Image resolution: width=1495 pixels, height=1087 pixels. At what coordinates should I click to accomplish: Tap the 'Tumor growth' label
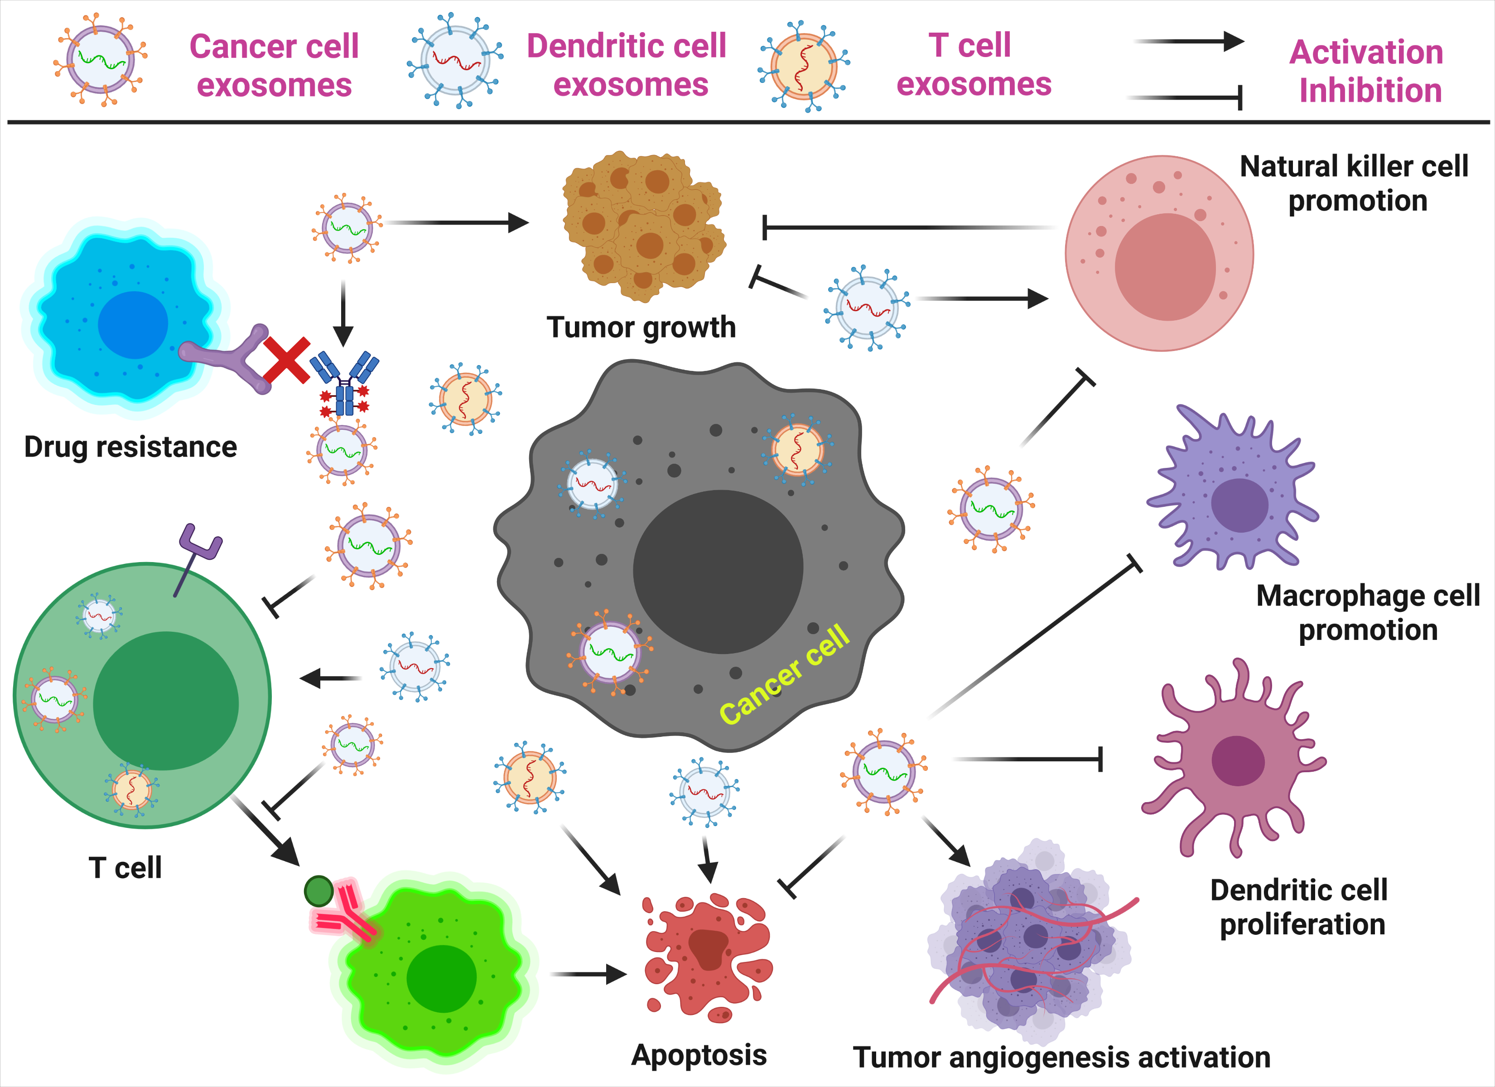pyautogui.click(x=641, y=327)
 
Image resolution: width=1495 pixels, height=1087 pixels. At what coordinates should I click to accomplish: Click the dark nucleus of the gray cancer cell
pyautogui.click(x=718, y=572)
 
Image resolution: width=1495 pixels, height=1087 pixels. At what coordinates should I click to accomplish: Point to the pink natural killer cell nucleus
pyautogui.click(x=1165, y=267)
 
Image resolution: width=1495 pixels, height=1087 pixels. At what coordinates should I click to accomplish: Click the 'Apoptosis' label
pyautogui.click(x=699, y=1055)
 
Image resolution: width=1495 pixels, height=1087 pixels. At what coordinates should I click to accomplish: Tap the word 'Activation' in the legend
pyautogui.click(x=1366, y=52)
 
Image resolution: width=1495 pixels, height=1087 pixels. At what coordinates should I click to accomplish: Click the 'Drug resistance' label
pyautogui.click(x=130, y=447)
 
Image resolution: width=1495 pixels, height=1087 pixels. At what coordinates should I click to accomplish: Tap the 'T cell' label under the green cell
pyautogui.click(x=125, y=867)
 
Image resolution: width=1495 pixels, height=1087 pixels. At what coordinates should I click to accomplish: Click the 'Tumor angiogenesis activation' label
pyautogui.click(x=1061, y=1058)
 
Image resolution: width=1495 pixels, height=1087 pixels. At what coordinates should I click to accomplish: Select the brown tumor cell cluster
pyautogui.click(x=643, y=224)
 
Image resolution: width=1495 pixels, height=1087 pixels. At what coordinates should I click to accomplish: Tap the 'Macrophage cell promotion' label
pyautogui.click(x=1368, y=612)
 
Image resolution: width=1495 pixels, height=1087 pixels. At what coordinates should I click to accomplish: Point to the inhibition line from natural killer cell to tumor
pyautogui.click(x=910, y=227)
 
